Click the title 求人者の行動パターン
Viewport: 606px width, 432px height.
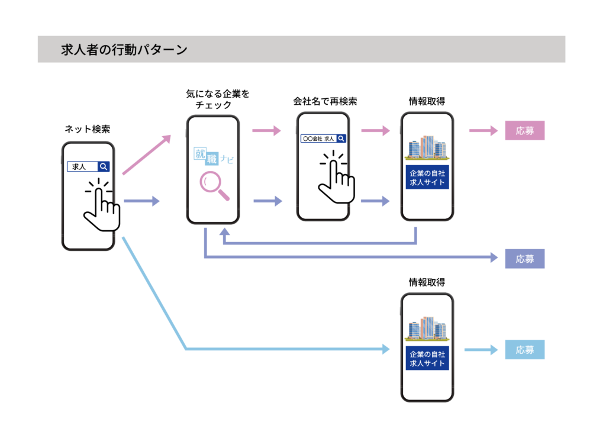(124, 50)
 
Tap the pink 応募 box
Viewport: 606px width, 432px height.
(524, 131)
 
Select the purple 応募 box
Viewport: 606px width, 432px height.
(524, 259)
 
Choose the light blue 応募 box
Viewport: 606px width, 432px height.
(524, 350)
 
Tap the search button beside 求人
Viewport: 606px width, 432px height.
(104, 167)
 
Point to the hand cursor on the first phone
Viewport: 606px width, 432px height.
(102, 205)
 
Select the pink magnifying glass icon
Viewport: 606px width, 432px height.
(215, 185)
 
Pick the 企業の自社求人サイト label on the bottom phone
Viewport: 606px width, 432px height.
(427, 358)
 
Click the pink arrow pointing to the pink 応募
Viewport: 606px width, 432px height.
(483, 131)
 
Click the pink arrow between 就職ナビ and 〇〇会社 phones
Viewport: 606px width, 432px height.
(267, 131)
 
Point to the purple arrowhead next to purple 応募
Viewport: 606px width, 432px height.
(494, 257)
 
